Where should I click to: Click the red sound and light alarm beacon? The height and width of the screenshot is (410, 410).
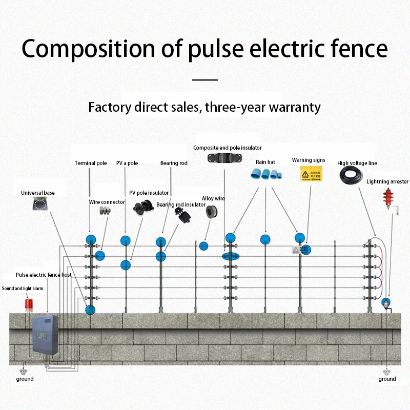click(29, 303)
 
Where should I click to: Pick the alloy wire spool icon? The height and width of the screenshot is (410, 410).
click(212, 211)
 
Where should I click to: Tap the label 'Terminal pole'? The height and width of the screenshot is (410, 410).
click(91, 163)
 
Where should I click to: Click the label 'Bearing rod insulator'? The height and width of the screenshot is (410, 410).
click(181, 204)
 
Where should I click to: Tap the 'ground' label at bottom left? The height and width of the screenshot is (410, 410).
click(25, 379)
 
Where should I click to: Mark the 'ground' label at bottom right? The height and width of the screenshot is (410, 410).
click(387, 379)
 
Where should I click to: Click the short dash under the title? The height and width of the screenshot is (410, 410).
click(205, 80)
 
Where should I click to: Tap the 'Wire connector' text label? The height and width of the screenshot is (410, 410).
click(107, 202)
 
